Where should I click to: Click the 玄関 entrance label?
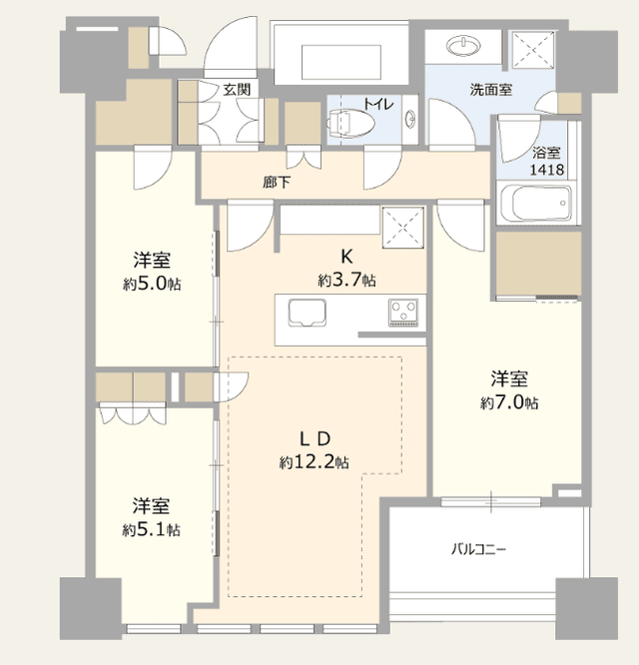[x=237, y=90]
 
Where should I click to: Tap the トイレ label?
[x=378, y=104]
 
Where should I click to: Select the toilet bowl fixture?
[x=351, y=124]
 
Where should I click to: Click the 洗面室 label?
[x=490, y=90]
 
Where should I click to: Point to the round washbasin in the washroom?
[x=464, y=46]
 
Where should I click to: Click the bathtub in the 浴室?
[x=536, y=203]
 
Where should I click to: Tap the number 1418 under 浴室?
[x=547, y=170]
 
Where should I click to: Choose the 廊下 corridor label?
[x=277, y=183]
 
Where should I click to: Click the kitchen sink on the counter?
[x=308, y=313]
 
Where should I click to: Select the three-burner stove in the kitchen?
[x=403, y=313]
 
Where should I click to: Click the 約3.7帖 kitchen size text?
[x=346, y=280]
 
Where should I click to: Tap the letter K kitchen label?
[x=346, y=257]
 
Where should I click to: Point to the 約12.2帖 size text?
[x=315, y=462]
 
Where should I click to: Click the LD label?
[x=316, y=439]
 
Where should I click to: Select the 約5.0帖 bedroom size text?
[x=152, y=284]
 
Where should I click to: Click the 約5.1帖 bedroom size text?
[x=151, y=530]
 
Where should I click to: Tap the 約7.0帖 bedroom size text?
[x=509, y=402]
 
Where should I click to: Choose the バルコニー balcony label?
[x=478, y=549]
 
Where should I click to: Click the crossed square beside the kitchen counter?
[x=403, y=228]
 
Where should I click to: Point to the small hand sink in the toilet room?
[x=410, y=119]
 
